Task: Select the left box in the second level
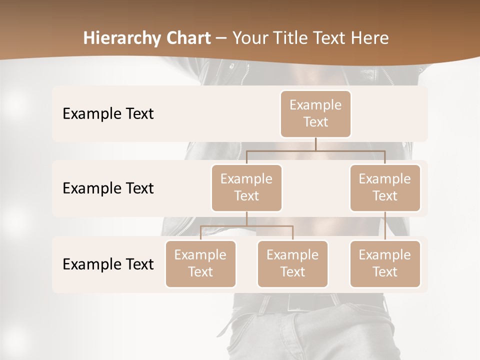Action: pyautogui.click(x=246, y=187)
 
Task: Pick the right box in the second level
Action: pyautogui.click(x=385, y=187)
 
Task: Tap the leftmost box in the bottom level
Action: pyautogui.click(x=200, y=263)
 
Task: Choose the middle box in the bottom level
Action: pyautogui.click(x=292, y=263)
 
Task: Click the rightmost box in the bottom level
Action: pyautogui.click(x=385, y=263)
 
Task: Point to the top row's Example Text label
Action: pyautogui.click(x=108, y=114)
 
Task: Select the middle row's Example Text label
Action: pyautogui.click(x=108, y=188)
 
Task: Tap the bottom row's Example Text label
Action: pyautogui.click(x=108, y=264)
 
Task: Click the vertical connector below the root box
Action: pyautogui.click(x=315, y=144)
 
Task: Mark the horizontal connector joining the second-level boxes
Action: pyautogui.click(x=315, y=150)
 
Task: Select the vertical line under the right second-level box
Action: pyautogui.click(x=385, y=226)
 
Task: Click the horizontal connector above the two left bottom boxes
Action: pyautogui.click(x=246, y=226)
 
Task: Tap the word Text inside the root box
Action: pyautogui.click(x=315, y=122)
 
